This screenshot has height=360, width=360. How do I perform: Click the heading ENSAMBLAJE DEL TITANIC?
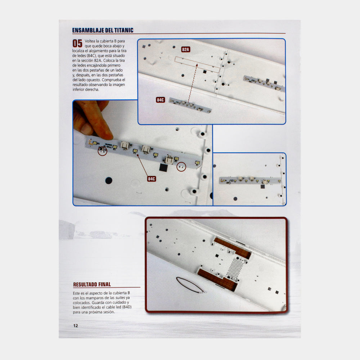pos(103,30)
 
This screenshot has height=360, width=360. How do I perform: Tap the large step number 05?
pos(77,44)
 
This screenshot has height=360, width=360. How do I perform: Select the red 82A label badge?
pos(185,49)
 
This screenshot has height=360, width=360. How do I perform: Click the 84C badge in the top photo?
pos(160,100)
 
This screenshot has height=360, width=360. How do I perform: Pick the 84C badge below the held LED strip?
pos(151,179)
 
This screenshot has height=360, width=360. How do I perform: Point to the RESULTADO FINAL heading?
pos(92,284)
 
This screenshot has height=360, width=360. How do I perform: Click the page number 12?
pos(76,325)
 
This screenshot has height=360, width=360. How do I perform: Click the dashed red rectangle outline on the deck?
pos(197,65)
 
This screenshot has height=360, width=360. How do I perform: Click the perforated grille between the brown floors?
pos(235,268)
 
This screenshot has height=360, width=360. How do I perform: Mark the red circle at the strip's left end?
pos(102,151)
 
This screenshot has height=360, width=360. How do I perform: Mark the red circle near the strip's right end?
pos(181,167)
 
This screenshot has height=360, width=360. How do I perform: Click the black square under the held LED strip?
pos(163,167)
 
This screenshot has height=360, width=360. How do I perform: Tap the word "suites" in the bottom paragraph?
pos(120,298)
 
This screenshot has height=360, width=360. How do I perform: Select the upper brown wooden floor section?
pos(232,248)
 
